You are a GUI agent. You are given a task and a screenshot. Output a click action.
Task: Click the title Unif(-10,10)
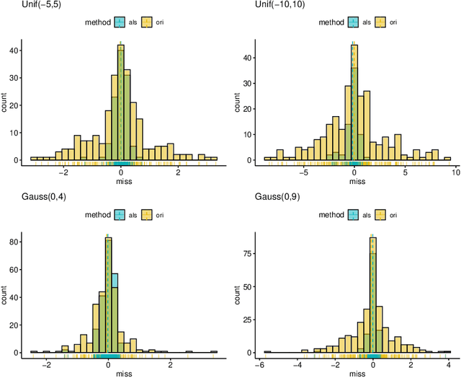(x=261, y=6)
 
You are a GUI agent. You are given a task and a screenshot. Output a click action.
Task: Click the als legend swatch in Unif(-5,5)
(x=120, y=22)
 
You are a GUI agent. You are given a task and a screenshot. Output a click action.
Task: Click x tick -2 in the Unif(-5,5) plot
(x=63, y=172)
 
